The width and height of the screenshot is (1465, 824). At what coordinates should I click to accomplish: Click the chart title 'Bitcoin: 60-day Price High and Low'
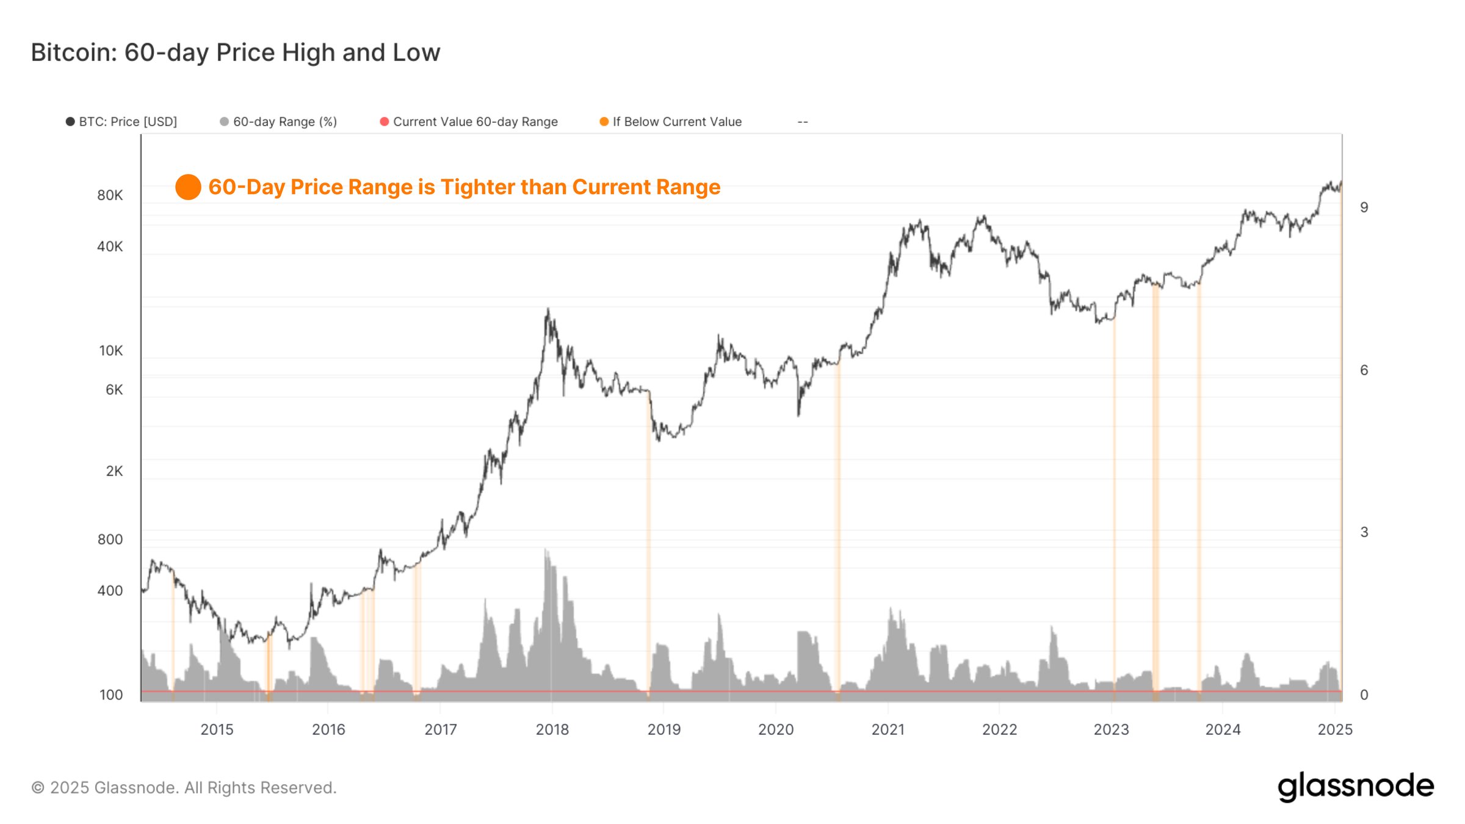pos(235,52)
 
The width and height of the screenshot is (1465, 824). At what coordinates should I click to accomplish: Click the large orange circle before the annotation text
pos(188,187)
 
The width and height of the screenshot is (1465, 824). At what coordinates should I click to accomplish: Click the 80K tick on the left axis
pos(110,195)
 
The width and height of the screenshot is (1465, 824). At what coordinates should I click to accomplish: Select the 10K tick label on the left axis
pos(110,351)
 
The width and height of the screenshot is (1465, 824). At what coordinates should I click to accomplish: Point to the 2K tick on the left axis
pos(114,471)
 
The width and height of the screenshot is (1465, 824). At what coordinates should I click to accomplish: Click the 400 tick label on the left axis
pos(110,591)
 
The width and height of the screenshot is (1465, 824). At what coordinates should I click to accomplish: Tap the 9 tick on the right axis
pos(1364,208)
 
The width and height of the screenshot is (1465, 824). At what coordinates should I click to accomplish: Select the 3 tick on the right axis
pos(1364,532)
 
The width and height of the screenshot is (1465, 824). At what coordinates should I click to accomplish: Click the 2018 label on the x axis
pos(552,729)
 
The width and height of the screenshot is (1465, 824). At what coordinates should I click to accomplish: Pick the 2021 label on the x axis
pos(888,729)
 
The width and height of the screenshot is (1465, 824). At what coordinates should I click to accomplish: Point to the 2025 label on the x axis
pos(1335,729)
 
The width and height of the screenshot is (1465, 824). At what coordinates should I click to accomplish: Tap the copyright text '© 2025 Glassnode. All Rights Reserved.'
pos(184,787)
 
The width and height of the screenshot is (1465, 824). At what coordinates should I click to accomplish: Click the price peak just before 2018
pos(548,310)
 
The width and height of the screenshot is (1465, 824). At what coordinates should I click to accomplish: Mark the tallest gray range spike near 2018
pos(546,552)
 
